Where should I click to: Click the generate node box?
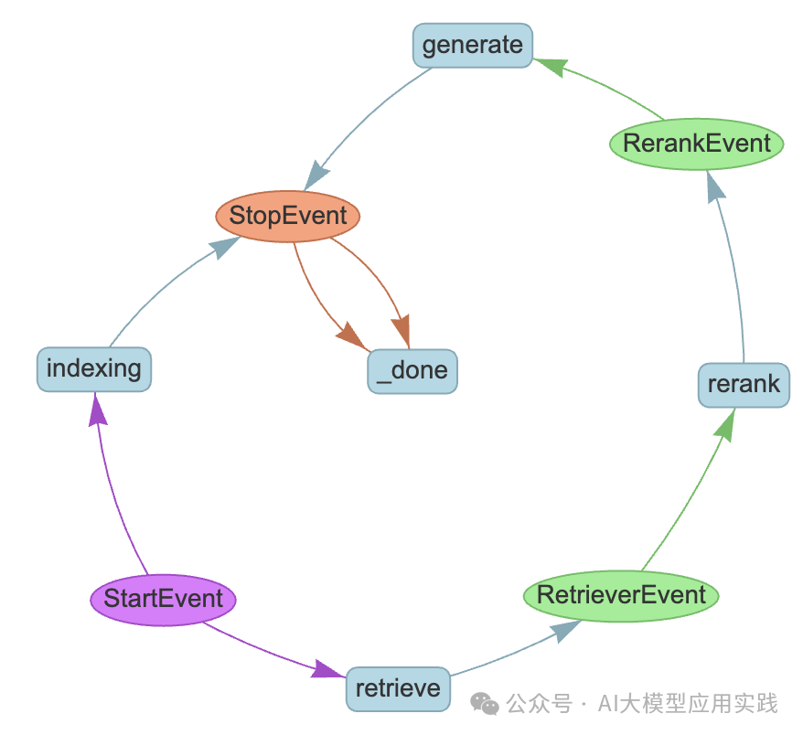coord(473,46)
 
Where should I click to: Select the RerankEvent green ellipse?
coord(696,144)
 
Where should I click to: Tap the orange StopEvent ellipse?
coord(288,217)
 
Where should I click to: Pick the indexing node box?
coord(93,369)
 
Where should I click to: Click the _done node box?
coord(412,371)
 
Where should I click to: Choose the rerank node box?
coord(743,385)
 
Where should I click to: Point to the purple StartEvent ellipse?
coord(163,600)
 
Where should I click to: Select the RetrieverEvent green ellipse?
coord(621,596)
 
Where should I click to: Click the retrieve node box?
coord(398,688)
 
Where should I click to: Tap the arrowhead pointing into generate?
coord(551,66)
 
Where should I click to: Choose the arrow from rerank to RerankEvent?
coord(736,274)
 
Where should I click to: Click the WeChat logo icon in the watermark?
coord(485,703)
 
